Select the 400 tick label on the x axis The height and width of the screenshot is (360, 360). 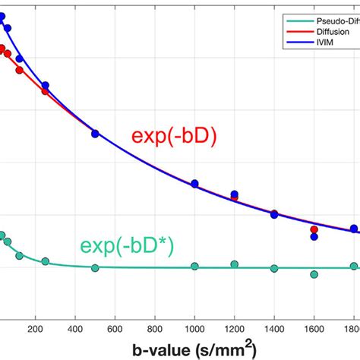coord(75,329)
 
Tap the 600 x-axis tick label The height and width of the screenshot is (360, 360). coord(115,329)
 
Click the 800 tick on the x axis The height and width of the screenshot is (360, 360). coord(155,329)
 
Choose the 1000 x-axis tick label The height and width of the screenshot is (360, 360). coord(195,329)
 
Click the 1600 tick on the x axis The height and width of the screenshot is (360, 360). coord(314,329)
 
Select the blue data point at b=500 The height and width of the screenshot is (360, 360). coord(96,134)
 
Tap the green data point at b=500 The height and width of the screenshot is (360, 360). coord(96,267)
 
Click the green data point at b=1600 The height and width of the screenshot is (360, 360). coord(314,274)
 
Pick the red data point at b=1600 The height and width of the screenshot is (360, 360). coord(314,229)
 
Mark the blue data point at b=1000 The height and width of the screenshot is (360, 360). coord(195,184)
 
